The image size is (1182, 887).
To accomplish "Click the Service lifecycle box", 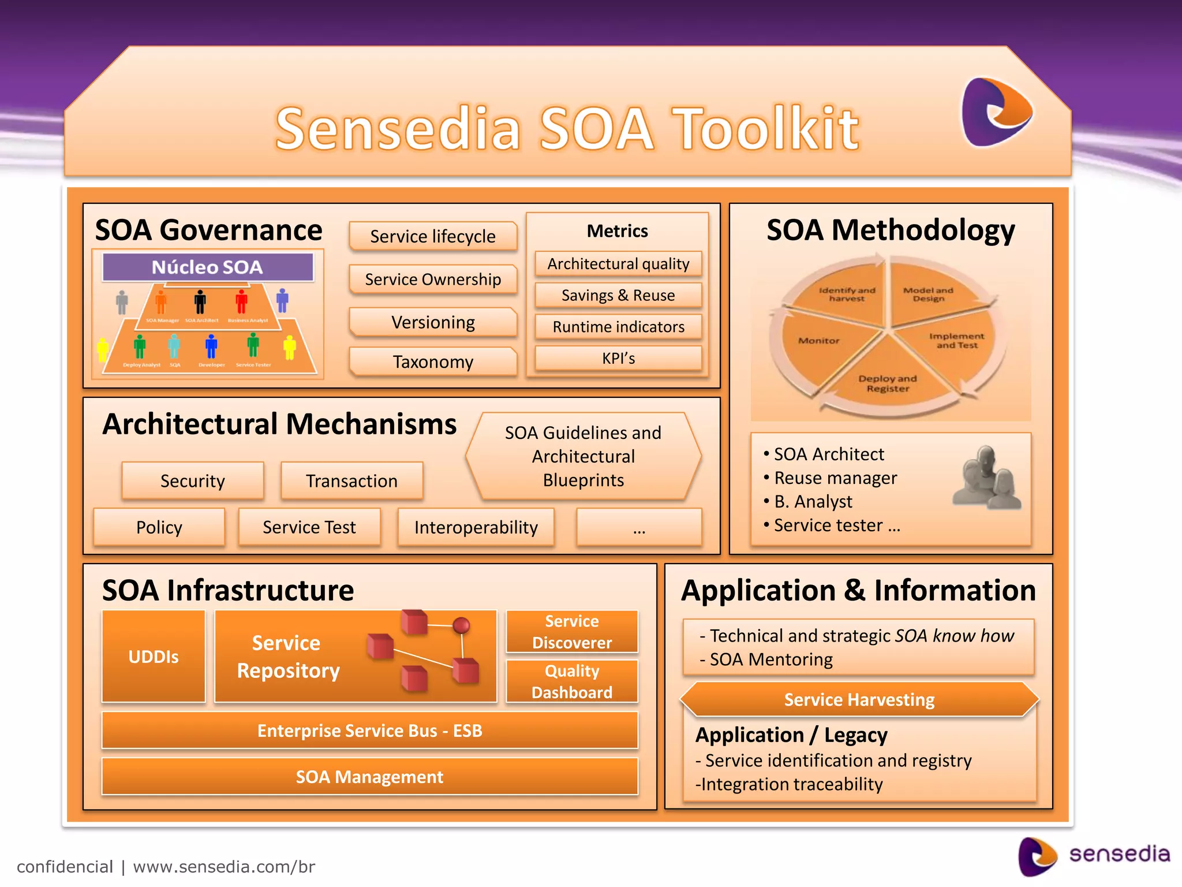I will pos(433,236).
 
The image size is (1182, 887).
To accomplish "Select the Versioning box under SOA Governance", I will pos(433,322).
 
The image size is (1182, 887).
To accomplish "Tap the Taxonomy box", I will pos(433,362).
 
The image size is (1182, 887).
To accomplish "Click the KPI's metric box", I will pos(618,359).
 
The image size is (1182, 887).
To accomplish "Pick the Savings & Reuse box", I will pos(618,296).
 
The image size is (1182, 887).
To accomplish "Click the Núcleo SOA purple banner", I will pos(208,267).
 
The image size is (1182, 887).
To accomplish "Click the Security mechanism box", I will pos(193,481).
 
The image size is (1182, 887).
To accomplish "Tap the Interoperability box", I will pos(476,527).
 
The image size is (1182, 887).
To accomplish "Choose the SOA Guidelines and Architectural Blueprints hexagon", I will pos(583,456).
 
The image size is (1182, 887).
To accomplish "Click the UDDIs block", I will pos(154,657).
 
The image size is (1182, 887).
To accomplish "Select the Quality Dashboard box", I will pos(572,681).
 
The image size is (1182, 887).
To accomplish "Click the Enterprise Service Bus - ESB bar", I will pos(369,731).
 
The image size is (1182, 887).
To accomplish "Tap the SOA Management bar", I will pos(369,777).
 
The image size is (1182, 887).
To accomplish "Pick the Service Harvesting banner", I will pos(859,700).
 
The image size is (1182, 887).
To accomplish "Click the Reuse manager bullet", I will pos(835,478).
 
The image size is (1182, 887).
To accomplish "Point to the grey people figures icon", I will pos(986,478).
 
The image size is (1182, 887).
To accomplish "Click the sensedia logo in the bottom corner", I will pos(1094,855).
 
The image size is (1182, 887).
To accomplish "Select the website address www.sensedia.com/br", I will pos(224,867).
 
